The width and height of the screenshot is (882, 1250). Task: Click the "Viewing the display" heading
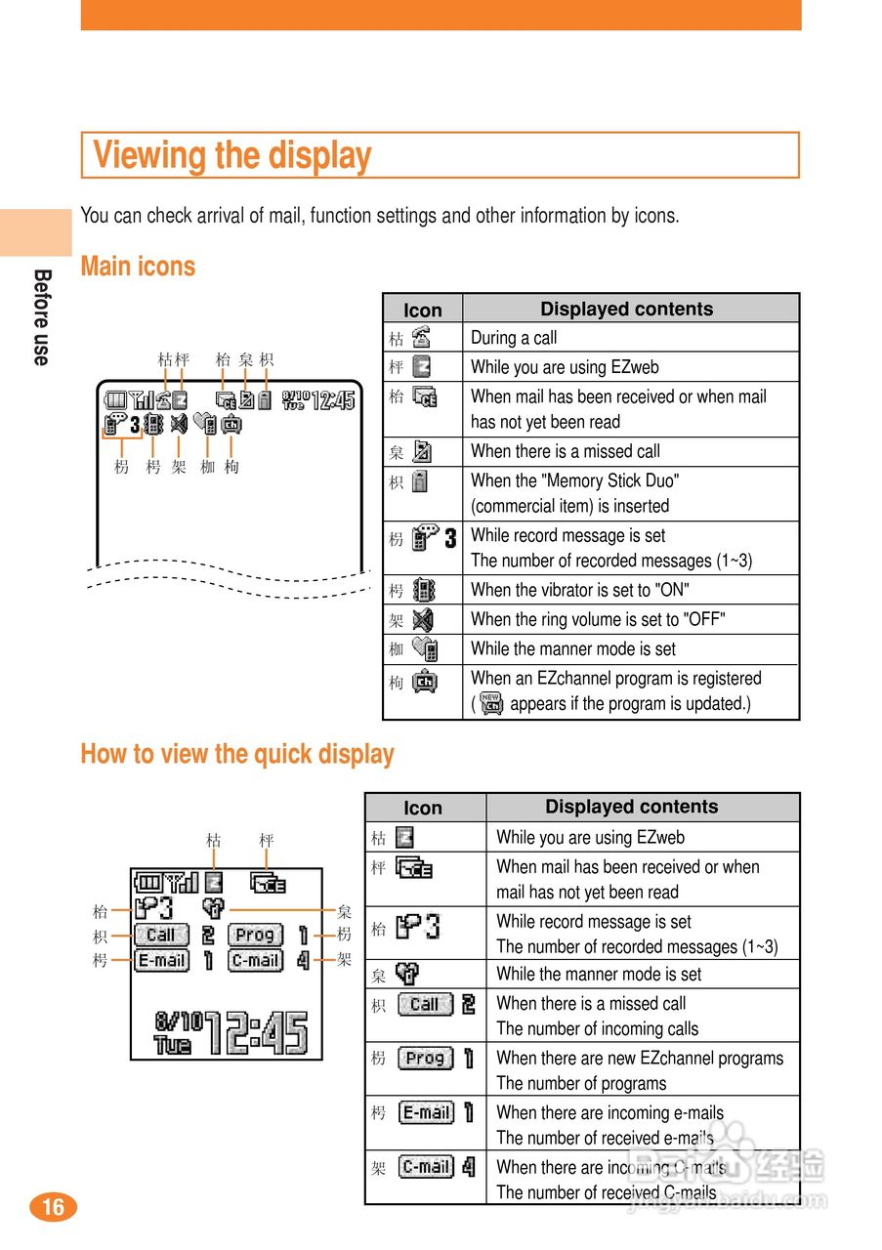tap(231, 155)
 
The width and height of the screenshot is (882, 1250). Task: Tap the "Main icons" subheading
tap(138, 267)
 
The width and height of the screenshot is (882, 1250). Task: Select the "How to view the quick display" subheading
tap(237, 754)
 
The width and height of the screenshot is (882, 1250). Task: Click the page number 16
tap(53, 1207)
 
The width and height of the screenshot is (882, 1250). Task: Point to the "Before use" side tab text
tap(41, 317)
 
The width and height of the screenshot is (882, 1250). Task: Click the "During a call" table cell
tap(514, 338)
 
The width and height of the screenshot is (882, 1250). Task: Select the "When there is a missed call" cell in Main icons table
tap(565, 451)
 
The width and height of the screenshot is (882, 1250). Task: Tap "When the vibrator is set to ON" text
tap(579, 590)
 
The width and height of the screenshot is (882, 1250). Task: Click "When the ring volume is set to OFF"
tap(597, 619)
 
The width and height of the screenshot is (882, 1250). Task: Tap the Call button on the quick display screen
tap(160, 935)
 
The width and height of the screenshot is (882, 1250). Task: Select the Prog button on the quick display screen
tap(255, 935)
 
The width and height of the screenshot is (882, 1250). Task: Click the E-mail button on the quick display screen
tap(161, 960)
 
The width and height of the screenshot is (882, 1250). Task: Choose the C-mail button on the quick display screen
tap(256, 960)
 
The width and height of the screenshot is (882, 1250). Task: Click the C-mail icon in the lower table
tap(426, 1166)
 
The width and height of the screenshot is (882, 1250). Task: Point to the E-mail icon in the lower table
tap(427, 1111)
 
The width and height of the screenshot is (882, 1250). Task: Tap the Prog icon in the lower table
tap(425, 1058)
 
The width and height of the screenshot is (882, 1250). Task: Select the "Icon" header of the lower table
tap(423, 808)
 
